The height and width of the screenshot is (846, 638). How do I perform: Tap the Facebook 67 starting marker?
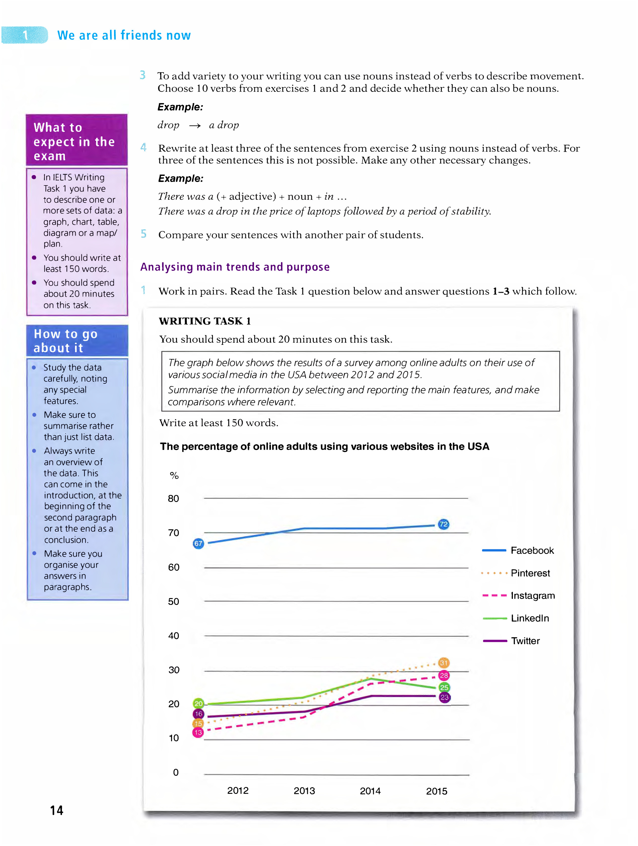pyautogui.click(x=198, y=544)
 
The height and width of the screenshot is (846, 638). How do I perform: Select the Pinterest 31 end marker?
pyautogui.click(x=444, y=663)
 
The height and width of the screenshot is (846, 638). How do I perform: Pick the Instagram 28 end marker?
pyautogui.click(x=444, y=675)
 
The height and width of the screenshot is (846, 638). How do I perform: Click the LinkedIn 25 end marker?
pyautogui.click(x=444, y=687)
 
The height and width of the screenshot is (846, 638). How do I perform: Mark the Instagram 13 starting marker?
pyautogui.click(x=198, y=733)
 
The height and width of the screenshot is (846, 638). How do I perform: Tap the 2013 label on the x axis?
pyautogui.click(x=304, y=791)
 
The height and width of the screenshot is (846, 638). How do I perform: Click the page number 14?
pyautogui.click(x=57, y=810)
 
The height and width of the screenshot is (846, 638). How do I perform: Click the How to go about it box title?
pyautogui.click(x=65, y=341)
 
